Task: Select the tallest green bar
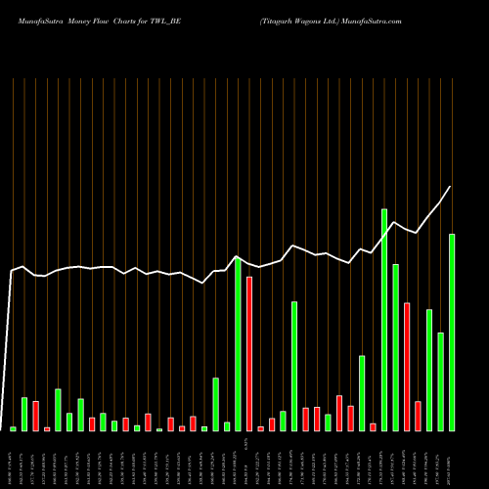click(384, 320)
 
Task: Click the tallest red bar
click(249, 354)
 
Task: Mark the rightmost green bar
click(452, 333)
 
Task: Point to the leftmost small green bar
click(14, 428)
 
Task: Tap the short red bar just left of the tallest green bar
click(373, 426)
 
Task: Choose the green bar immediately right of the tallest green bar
click(395, 347)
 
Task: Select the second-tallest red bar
click(407, 367)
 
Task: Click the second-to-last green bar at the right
click(441, 381)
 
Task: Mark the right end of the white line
click(451, 187)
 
